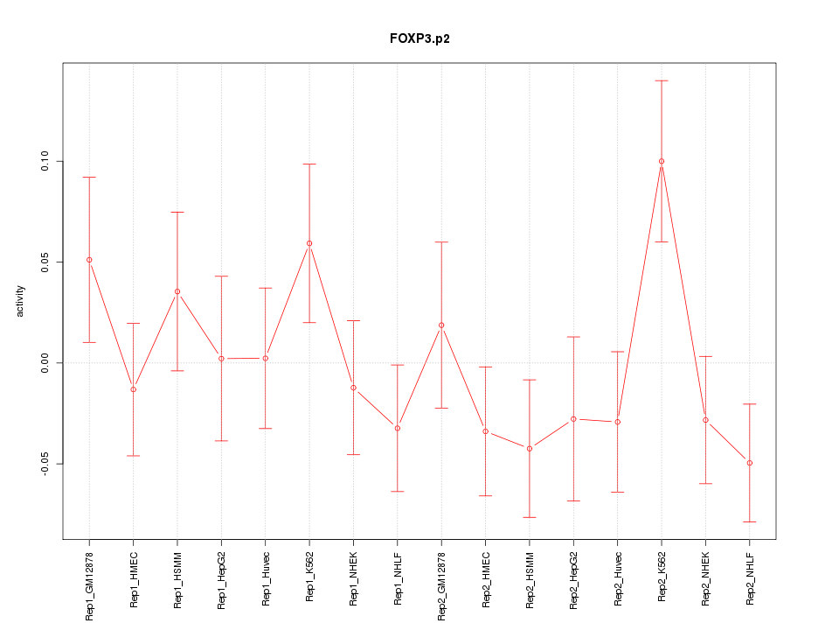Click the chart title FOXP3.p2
tap(419, 38)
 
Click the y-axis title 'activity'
tap(20, 302)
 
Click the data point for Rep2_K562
tap(662, 161)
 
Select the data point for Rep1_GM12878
tap(89, 260)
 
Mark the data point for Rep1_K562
tap(309, 243)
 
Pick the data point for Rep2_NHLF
tap(750, 463)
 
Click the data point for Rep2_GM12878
tap(441, 325)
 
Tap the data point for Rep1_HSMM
tap(177, 291)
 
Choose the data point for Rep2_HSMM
tap(530, 449)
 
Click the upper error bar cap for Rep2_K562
tap(662, 80)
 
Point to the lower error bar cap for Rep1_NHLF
tap(398, 492)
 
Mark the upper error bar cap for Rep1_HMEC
tap(134, 323)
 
